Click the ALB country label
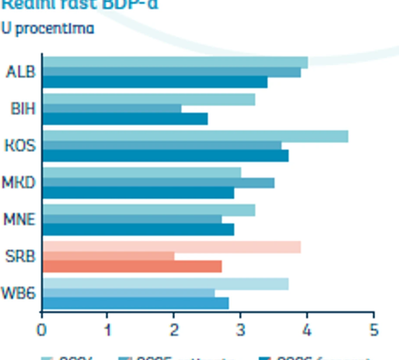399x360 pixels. tap(20, 72)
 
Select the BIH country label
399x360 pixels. tap(23, 109)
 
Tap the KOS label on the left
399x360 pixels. tap(20, 146)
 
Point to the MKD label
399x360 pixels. tap(19, 182)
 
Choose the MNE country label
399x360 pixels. tap(19, 219)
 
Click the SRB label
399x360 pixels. tap(20, 257)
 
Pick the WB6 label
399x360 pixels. tap(19, 293)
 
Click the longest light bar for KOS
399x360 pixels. tap(195, 136)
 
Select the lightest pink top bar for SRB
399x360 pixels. tap(171, 247)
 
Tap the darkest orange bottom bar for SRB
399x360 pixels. tap(132, 267)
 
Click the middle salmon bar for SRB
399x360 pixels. tap(108, 257)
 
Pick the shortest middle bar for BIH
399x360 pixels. tap(111, 109)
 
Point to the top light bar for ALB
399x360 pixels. tap(175, 62)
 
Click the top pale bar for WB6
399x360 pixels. tap(165, 284)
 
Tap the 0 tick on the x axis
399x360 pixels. tap(42, 329)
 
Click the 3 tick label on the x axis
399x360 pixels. tap(241, 329)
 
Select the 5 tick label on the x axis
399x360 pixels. tap(373, 329)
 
